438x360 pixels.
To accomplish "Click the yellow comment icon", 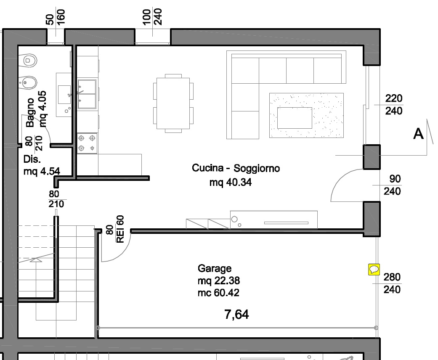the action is tap(374, 270).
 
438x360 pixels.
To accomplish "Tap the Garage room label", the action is tap(215, 268).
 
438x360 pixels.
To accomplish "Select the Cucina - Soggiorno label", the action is tap(236, 168).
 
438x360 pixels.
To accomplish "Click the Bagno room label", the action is tap(30, 112).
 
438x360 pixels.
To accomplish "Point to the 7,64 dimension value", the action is tap(236, 315).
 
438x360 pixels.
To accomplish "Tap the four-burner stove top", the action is tap(87, 143).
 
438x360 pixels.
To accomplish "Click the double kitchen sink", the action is tap(87, 94).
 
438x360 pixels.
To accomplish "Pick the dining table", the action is tap(173, 103).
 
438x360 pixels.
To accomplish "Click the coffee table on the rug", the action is tap(295, 118).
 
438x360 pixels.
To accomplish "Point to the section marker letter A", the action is tap(418, 134).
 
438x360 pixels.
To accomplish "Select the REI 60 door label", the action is tap(120, 229).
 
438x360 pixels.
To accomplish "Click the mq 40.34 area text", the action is tap(231, 183).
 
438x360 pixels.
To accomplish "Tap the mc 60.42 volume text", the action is tap(218, 293).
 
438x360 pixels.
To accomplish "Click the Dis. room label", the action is tap(32, 159).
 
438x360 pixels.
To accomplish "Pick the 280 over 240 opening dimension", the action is tap(392, 283).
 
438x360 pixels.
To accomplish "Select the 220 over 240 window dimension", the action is tap(393, 105).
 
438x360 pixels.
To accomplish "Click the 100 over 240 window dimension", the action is tap(152, 17).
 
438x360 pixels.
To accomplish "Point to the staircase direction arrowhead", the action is tap(36, 260).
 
